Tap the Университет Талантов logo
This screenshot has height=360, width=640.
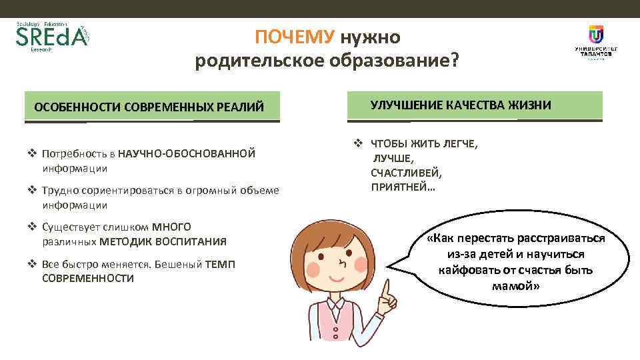[595, 43]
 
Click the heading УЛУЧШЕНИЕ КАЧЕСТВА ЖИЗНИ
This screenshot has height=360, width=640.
[461, 105]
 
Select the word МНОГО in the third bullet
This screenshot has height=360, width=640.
[171, 227]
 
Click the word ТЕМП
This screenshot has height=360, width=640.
[220, 264]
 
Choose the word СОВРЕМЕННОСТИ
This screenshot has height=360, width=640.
[88, 278]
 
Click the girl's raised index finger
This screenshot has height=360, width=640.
[385, 288]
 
